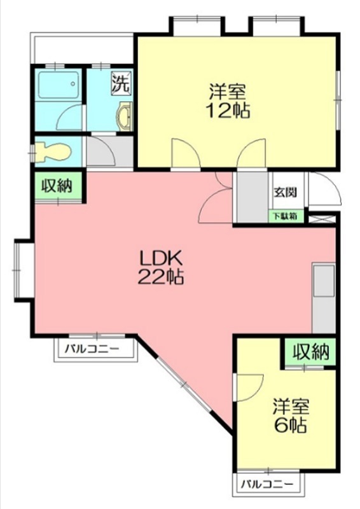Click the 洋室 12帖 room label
pos(227,101)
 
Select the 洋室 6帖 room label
pos(291,415)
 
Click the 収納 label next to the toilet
pos(58,186)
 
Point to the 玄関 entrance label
pos(284,192)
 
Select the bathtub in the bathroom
pos(58,84)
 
